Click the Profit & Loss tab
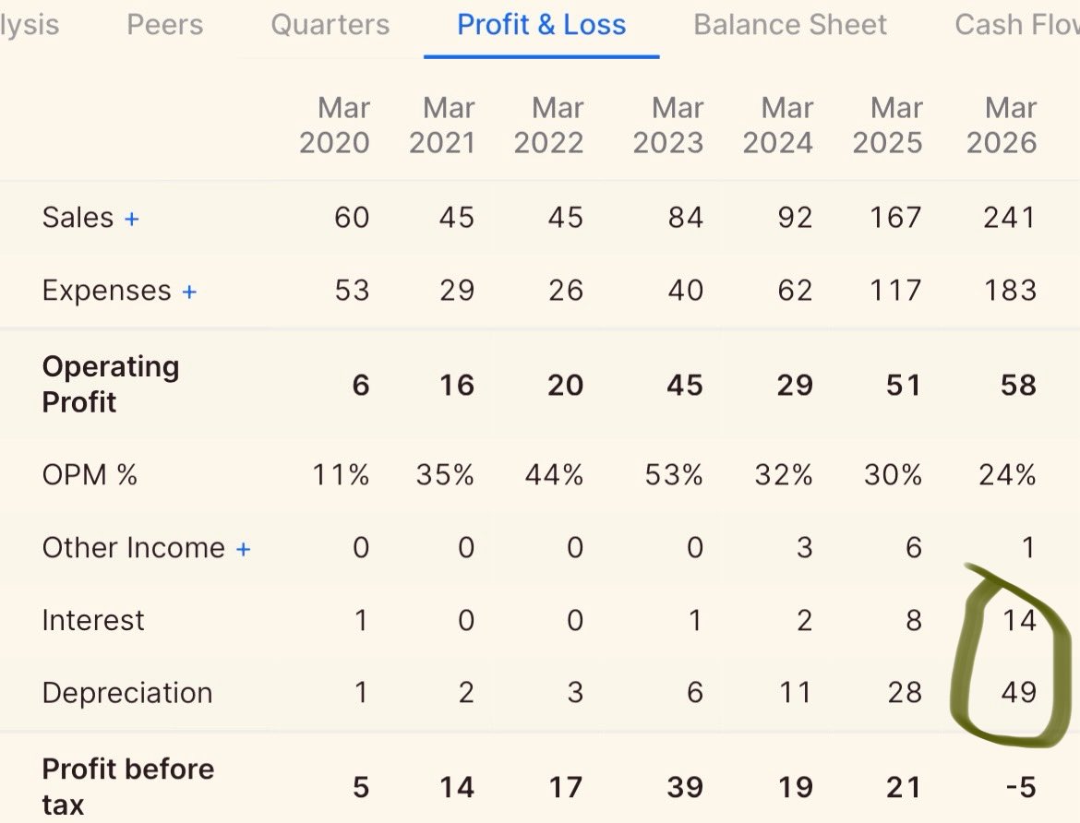(541, 25)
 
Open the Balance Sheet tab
(790, 25)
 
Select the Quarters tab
(330, 25)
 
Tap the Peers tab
(164, 25)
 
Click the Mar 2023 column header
(668, 125)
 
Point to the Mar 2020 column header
(335, 125)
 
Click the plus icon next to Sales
(132, 219)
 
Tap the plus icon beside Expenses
(189, 292)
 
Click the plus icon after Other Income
(243, 549)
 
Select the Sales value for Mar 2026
(1010, 218)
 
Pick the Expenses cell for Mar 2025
(895, 290)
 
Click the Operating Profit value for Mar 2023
(685, 385)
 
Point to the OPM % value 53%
(674, 475)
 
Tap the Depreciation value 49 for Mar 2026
(1019, 692)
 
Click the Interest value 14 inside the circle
(1019, 621)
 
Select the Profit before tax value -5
(1021, 787)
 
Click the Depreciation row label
(127, 693)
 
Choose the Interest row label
(93, 621)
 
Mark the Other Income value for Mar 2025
(913, 548)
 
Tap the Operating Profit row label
(110, 385)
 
